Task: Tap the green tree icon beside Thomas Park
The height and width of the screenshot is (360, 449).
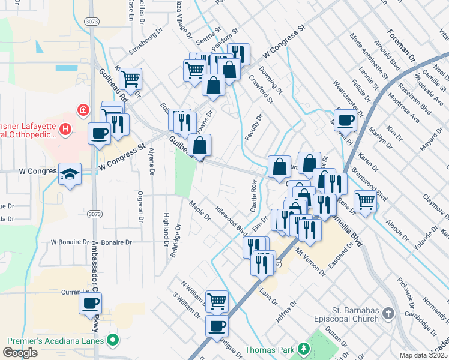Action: click(x=304, y=349)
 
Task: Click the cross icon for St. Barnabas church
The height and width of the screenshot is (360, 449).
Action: click(x=388, y=313)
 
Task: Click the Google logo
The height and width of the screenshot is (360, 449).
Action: click(x=20, y=353)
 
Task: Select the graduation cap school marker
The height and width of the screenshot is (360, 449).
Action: click(x=71, y=174)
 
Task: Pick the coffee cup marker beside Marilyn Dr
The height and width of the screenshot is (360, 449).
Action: click(x=345, y=119)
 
